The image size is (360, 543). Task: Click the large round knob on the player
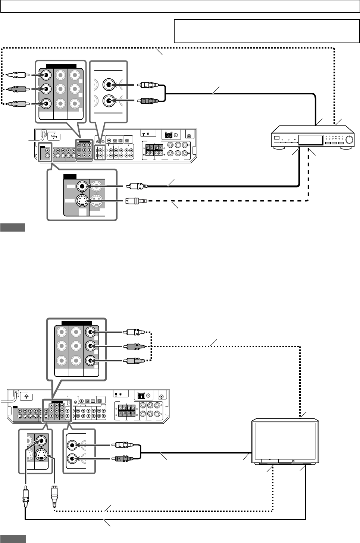coord(350,141)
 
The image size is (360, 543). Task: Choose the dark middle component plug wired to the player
coord(18,89)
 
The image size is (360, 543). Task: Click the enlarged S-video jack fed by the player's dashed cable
coord(82,201)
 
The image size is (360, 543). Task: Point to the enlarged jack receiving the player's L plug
coord(109,85)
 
